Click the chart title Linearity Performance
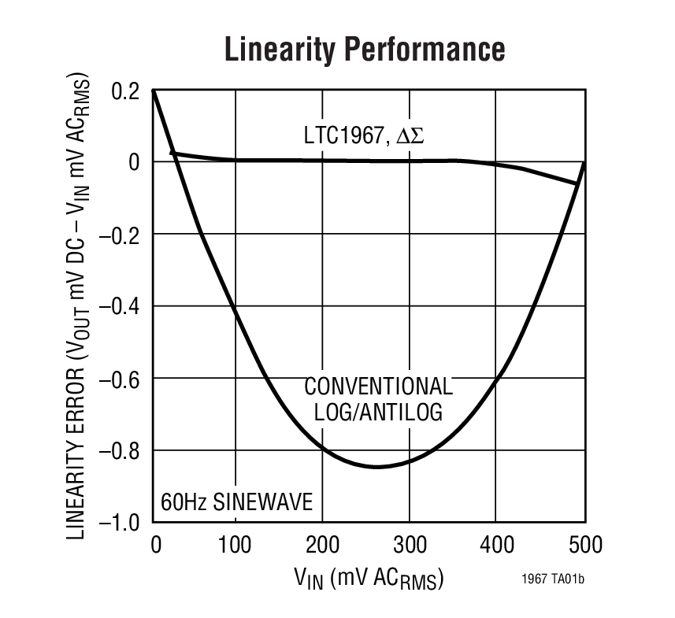(x=364, y=49)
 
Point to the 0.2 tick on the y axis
(x=125, y=91)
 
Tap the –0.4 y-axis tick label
(x=120, y=306)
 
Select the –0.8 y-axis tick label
(x=120, y=451)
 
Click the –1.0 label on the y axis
(x=120, y=523)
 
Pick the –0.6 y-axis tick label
(x=120, y=379)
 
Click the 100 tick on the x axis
(x=236, y=545)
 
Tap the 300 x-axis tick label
(x=409, y=545)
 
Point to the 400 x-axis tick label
(x=495, y=545)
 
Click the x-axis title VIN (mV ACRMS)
(x=369, y=579)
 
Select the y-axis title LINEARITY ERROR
(x=76, y=307)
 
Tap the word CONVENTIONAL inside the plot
(x=378, y=387)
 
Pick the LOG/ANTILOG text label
(x=378, y=412)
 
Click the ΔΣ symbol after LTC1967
(x=410, y=135)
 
